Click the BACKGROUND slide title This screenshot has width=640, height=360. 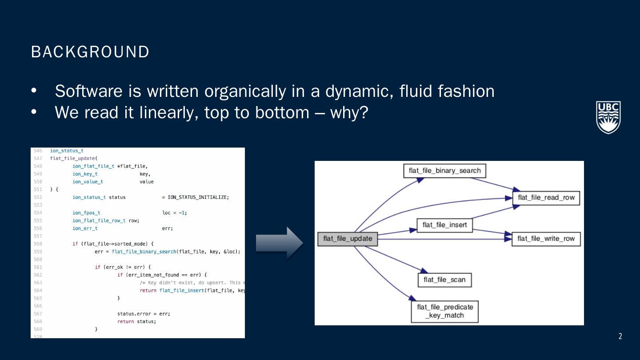click(90, 52)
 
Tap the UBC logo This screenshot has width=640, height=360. click(608, 117)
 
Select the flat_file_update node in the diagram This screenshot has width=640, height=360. click(348, 239)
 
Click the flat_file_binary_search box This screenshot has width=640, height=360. click(444, 171)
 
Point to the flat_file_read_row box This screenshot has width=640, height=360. click(546, 198)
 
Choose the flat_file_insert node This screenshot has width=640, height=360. click(444, 225)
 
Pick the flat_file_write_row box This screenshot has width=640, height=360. click(546, 239)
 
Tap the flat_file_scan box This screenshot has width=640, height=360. click(444, 280)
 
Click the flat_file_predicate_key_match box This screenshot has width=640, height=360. click(444, 311)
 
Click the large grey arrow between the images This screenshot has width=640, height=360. click(279, 243)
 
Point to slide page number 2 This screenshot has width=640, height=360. click(620, 336)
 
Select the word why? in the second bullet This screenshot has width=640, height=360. click(349, 112)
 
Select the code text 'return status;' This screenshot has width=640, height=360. click(136, 321)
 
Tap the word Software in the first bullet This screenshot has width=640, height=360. click(88, 91)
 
